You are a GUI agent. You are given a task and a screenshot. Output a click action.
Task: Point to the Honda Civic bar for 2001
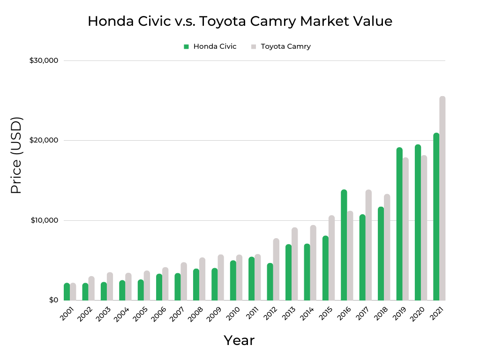point(67,292)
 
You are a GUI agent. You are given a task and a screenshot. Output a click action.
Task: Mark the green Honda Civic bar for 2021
point(436,217)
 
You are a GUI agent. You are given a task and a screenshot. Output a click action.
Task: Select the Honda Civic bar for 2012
point(270,282)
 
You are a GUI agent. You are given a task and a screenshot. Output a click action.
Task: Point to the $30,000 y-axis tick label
point(44,60)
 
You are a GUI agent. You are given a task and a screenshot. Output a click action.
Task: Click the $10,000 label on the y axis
point(44,220)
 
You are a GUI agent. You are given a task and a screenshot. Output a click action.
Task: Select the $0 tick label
point(53,300)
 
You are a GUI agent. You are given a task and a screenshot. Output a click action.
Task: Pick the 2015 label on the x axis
point(326,313)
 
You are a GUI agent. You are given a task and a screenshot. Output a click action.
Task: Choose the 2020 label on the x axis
point(419,313)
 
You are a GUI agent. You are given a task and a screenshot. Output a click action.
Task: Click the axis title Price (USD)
point(16,155)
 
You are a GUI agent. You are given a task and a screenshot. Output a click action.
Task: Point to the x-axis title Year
point(239,340)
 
